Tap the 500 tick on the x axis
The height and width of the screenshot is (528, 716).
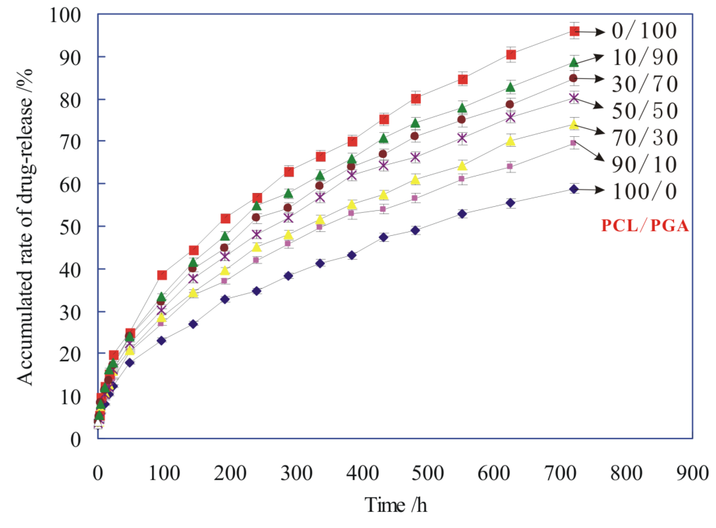click(x=427, y=473)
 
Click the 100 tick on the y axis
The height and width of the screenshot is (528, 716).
click(x=66, y=15)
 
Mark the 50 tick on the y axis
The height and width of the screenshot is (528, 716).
click(x=70, y=226)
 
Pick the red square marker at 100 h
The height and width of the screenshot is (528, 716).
click(x=162, y=275)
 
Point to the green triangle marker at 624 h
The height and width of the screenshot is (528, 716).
click(x=510, y=87)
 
